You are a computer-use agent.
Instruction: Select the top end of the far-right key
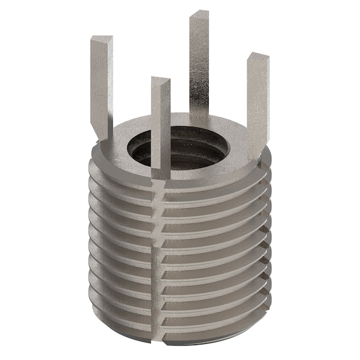pyautogui.click(x=257, y=58)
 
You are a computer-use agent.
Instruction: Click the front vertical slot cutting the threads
pyautogui.click(x=159, y=252)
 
